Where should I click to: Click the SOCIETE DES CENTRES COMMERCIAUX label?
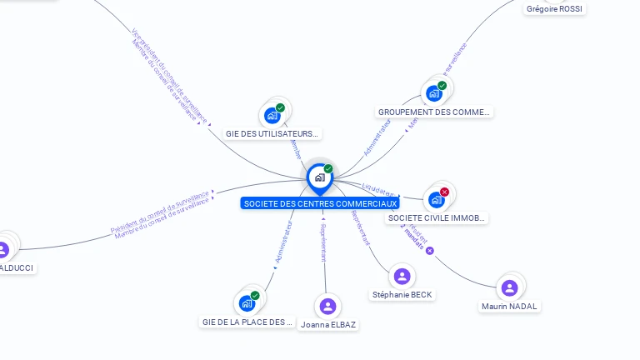[x=320, y=203]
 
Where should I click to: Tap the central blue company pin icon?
[x=319, y=177]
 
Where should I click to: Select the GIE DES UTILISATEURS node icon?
[x=272, y=116]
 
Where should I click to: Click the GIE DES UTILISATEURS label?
[x=272, y=133]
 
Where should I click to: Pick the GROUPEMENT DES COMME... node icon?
[x=434, y=93]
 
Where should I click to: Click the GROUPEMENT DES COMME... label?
[x=434, y=112]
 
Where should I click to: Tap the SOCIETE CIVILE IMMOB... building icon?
[x=436, y=200]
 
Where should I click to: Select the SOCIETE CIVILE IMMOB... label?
[x=437, y=218]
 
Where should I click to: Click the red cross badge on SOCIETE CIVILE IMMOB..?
[x=444, y=192]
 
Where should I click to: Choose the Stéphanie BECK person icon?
[x=402, y=277]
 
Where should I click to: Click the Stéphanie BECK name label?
[x=402, y=295]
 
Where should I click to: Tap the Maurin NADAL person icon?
[x=509, y=288]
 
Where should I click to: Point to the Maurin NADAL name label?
[x=509, y=307]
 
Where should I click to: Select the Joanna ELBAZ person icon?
[x=328, y=307]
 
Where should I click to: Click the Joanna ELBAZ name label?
[x=328, y=325]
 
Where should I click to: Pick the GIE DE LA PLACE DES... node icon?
[x=247, y=303]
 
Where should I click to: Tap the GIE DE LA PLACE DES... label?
[x=247, y=322]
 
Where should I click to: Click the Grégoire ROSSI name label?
[x=555, y=9]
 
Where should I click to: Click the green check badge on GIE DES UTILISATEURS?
[x=281, y=107]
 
